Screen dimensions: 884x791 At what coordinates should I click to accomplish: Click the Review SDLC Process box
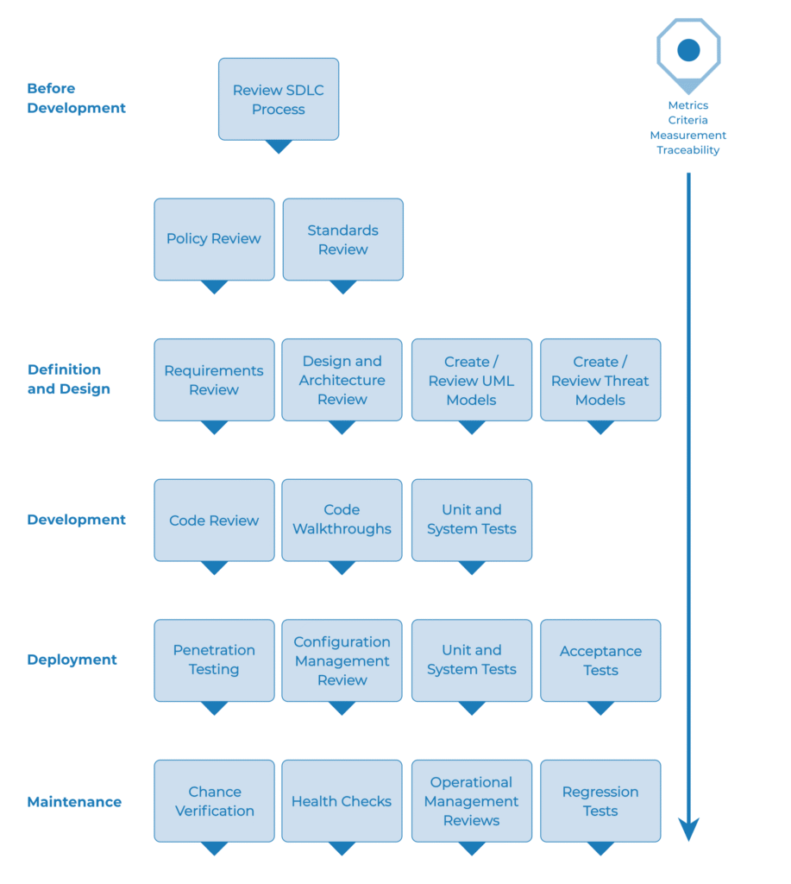(x=278, y=98)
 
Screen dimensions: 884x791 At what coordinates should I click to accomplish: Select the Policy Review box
(x=214, y=239)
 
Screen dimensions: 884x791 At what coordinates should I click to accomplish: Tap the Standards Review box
(x=342, y=239)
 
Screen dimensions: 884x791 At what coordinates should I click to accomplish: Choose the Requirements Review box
(x=214, y=380)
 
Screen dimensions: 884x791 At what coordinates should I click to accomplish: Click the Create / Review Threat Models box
(x=600, y=380)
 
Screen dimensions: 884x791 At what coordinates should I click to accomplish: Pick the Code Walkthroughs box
(x=342, y=520)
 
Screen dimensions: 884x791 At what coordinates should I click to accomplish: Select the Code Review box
(x=214, y=520)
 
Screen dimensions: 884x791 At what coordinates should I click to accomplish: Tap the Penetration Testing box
(x=214, y=660)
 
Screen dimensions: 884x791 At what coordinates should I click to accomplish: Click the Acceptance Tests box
(x=600, y=660)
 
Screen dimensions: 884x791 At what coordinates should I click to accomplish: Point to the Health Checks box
(x=342, y=801)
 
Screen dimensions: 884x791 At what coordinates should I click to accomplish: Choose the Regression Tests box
(x=600, y=801)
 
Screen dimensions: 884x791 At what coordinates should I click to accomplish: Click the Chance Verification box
(x=214, y=801)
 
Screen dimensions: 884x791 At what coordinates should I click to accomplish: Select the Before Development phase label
(x=76, y=98)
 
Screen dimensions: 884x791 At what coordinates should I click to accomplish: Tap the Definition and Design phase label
(x=69, y=379)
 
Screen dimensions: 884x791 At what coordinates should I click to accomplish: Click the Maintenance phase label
(x=74, y=802)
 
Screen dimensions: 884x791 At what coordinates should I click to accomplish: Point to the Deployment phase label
(x=72, y=660)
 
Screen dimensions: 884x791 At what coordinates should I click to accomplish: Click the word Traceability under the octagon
(x=688, y=150)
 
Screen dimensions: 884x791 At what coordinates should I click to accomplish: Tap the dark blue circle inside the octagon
(x=688, y=50)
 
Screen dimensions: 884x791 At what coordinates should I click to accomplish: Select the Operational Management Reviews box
(x=471, y=801)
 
